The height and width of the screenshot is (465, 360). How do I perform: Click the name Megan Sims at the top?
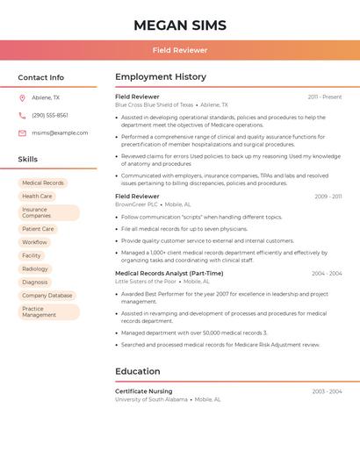[179, 25]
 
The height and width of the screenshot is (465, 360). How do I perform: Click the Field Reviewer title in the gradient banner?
[179, 51]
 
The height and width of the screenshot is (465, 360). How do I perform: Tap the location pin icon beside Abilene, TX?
[22, 97]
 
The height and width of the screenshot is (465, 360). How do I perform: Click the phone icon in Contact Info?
[22, 115]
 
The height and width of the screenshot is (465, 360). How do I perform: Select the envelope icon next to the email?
[22, 132]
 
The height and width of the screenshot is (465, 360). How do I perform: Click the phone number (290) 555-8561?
[50, 115]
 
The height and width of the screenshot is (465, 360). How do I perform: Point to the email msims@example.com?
[60, 132]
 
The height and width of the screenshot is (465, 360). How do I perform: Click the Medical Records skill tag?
[43, 183]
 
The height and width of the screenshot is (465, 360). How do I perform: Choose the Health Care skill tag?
[37, 197]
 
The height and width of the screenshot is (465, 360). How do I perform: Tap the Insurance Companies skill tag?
[37, 212]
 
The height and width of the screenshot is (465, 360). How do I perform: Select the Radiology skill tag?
[35, 268]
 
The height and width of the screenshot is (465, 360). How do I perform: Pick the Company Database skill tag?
[47, 296]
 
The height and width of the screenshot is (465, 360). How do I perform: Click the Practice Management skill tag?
[40, 311]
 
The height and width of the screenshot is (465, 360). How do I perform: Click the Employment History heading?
[161, 77]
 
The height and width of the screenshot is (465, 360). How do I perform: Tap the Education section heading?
[138, 371]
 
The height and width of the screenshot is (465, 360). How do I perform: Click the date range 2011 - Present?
[325, 97]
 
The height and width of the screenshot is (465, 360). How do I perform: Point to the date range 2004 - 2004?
[327, 274]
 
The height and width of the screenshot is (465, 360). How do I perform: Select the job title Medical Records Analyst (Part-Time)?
[169, 273]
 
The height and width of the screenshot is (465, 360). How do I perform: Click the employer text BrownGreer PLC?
[136, 204]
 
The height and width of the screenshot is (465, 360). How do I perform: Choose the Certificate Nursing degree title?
[143, 391]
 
